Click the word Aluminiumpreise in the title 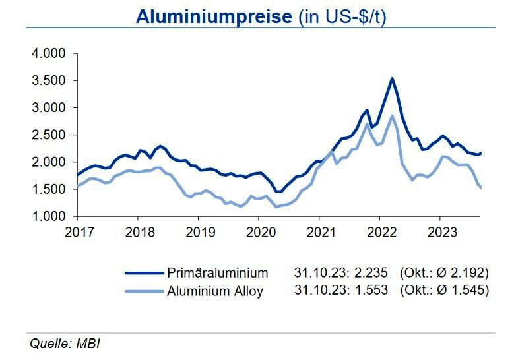[x=213, y=16]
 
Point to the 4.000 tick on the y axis [x=49, y=53]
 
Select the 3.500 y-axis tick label [x=49, y=80]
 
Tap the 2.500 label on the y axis [x=49, y=135]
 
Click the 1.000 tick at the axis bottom [x=49, y=216]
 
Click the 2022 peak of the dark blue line [x=392, y=78]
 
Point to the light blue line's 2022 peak [x=392, y=116]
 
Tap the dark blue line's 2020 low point [x=278, y=192]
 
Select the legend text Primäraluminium [x=218, y=273]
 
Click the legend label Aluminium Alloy [x=215, y=291]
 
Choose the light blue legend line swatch [x=143, y=291]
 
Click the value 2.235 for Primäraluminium [x=374, y=273]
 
